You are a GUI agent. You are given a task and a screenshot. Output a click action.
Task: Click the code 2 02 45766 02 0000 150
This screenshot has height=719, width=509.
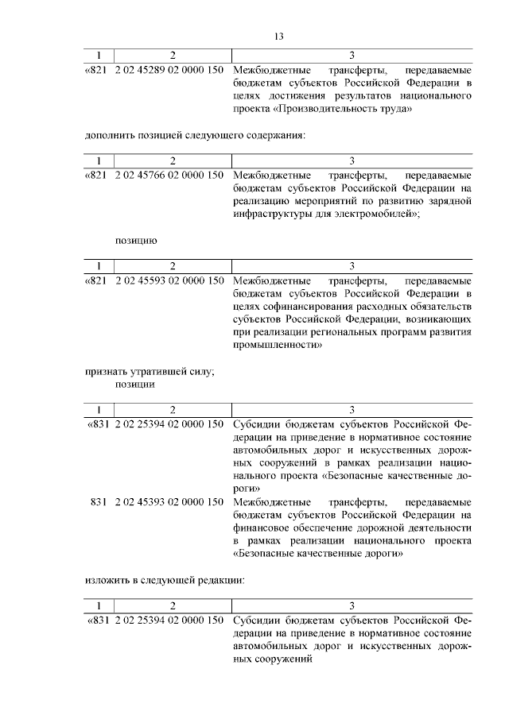pyautogui.click(x=169, y=175)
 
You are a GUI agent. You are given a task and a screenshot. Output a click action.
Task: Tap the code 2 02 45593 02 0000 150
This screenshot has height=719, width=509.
pyautogui.click(x=169, y=280)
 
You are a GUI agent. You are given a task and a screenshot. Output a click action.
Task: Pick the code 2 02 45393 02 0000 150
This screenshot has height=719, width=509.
pyautogui.click(x=169, y=502)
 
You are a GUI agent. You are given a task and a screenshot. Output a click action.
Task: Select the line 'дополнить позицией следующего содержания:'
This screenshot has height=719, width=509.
pyautogui.click(x=195, y=135)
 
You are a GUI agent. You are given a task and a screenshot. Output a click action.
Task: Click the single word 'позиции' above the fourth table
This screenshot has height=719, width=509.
pyautogui.click(x=134, y=384)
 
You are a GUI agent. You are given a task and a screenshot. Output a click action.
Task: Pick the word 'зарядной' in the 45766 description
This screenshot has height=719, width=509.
pyautogui.click(x=451, y=201)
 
